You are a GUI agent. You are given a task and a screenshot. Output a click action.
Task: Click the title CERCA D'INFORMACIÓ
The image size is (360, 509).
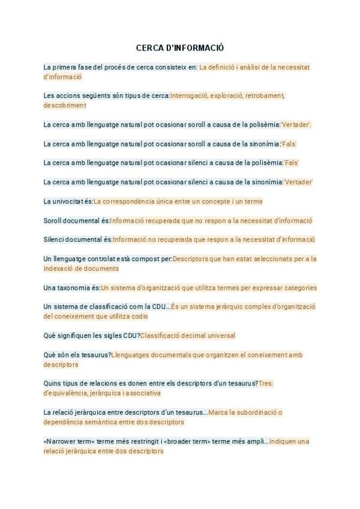click(x=180, y=47)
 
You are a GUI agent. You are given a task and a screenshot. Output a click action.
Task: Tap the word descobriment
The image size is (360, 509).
click(x=65, y=105)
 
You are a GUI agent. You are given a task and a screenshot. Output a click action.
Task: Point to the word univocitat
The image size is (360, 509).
click(x=68, y=202)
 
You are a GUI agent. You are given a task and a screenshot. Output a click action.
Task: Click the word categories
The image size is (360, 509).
click(x=298, y=288)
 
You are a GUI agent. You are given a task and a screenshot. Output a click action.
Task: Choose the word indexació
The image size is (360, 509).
click(x=59, y=268)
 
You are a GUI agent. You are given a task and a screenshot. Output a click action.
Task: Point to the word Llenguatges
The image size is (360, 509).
click(x=133, y=355)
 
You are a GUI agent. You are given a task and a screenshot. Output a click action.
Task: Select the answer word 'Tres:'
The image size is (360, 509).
click(x=266, y=384)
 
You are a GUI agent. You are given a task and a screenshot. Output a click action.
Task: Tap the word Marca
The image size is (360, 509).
click(x=220, y=412)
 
